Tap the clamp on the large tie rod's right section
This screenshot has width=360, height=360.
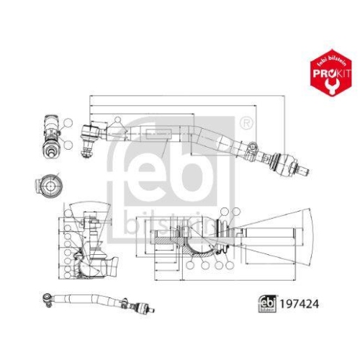click(250, 149)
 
